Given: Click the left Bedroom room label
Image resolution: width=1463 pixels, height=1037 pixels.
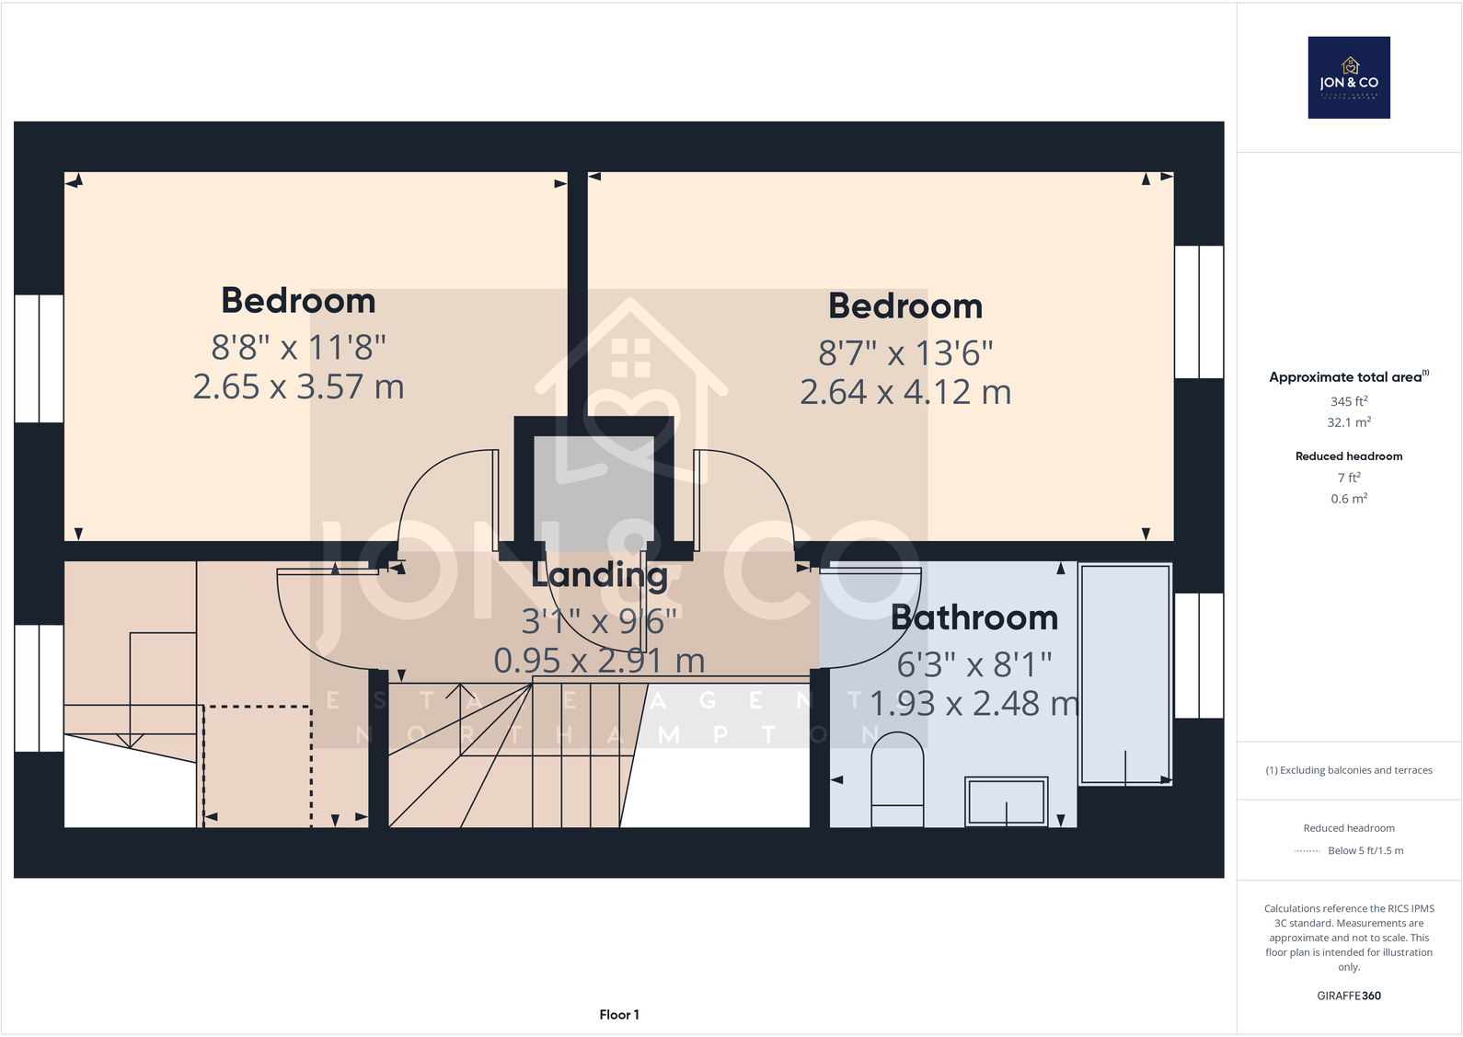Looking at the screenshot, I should coord(298,301).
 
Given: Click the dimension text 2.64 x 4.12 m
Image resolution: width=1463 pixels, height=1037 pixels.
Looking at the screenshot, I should coord(905,393).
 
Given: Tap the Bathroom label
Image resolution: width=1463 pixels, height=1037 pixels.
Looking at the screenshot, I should coord(974,617).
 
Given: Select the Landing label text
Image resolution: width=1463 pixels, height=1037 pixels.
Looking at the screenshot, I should coord(599,575).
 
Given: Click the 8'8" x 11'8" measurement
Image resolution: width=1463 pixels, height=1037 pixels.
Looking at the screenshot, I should coord(298,348).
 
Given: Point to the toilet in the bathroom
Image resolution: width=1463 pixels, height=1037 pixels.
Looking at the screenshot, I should coord(897,778).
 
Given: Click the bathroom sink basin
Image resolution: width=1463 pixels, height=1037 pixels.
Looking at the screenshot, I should coord(1006,801).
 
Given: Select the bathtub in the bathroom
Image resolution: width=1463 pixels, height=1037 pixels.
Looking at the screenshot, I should coord(1124,674).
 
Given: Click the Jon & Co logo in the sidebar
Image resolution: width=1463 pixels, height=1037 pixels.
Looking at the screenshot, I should coord(1349,77).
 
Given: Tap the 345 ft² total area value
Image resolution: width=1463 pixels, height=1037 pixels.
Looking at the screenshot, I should coord(1349,401).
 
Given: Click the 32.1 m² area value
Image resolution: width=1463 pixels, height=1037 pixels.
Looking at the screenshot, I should coord(1349,422).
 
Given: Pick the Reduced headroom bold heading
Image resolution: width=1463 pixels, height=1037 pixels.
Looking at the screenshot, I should coord(1349,456).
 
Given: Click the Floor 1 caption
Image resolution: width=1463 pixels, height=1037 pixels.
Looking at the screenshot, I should coord(618,1015).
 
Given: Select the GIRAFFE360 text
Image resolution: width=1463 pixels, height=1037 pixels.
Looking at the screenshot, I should coord(1349,996).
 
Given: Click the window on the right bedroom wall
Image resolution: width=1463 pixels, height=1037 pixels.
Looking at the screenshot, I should coord(1199,312).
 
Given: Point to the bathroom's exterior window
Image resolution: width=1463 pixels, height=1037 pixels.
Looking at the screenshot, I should coord(1199,655).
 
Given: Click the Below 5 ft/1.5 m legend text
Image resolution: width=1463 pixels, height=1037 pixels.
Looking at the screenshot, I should coord(1365,851).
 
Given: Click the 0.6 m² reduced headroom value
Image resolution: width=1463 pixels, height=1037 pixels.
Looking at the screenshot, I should coord(1349,499).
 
